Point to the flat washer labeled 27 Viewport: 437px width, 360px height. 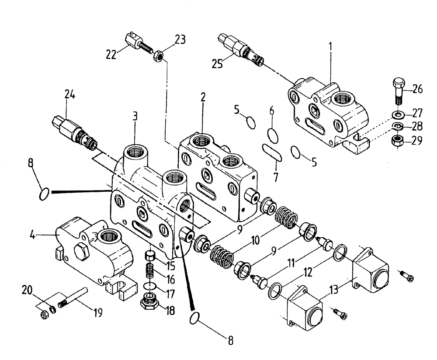398,114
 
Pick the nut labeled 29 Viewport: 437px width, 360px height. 397,140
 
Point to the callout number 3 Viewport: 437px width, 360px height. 136,116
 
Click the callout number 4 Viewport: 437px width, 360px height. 32,236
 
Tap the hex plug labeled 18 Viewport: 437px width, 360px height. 150,302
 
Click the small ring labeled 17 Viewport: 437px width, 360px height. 150,286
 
